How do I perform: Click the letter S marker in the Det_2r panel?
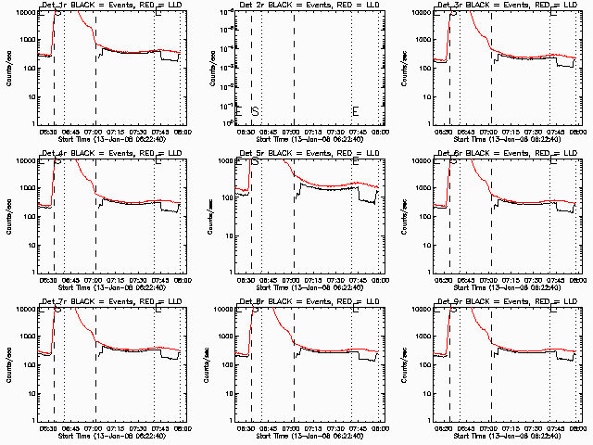coord(255,111)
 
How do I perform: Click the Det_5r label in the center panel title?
coord(250,154)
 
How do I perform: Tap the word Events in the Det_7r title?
coord(118,301)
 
